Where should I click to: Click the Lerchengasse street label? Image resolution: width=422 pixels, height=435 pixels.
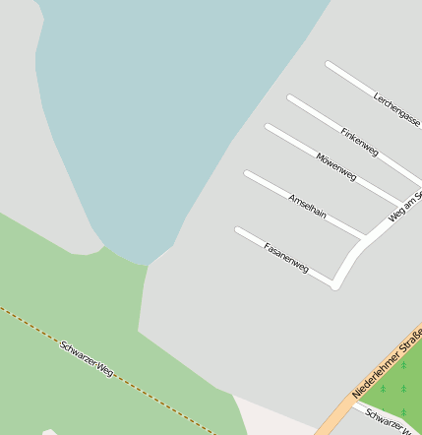pos(396,110)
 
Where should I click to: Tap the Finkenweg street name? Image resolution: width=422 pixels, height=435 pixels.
pos(359,141)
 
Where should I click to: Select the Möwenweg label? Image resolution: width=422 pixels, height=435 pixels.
pos(336,166)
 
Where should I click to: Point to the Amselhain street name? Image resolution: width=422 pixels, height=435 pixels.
pos(307,206)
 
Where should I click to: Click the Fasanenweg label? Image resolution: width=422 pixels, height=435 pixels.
pos(286,256)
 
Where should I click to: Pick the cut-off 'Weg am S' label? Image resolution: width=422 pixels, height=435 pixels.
pos(405,207)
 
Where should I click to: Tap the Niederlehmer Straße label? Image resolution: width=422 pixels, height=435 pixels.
pos(387,365)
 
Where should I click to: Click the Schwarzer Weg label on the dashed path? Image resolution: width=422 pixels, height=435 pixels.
pos(87,360)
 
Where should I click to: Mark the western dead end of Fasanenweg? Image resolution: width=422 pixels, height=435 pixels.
pos(238,231)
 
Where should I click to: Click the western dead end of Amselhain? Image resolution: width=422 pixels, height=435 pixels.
pos(247,174)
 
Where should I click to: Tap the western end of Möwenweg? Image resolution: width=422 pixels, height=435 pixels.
pos(268,127)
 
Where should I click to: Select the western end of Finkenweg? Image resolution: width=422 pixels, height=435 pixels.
pos(290,97)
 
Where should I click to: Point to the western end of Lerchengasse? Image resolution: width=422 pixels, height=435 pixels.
pos(329,65)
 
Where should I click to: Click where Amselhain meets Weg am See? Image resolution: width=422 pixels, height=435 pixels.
pos(364,237)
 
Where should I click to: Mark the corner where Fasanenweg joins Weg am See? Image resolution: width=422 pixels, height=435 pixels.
pos(334,285)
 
